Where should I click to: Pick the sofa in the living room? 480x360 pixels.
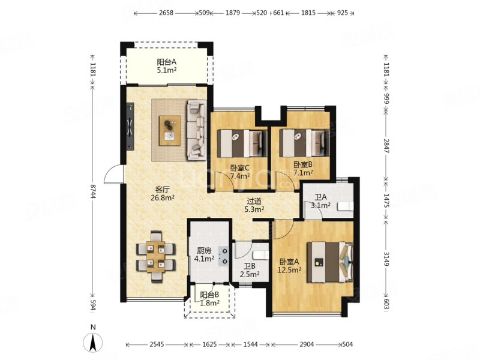[196, 130]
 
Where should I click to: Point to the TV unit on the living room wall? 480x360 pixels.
[130, 128]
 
